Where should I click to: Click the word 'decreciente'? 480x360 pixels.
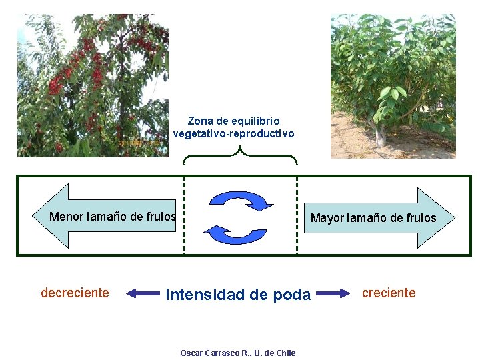click(75, 293)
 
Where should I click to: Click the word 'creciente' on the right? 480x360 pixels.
click(389, 293)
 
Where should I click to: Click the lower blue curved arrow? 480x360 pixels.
click(233, 233)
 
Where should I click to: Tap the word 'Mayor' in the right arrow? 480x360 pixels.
click(327, 218)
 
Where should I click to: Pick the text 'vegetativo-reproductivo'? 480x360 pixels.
click(233, 133)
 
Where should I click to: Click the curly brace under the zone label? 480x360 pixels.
click(240, 156)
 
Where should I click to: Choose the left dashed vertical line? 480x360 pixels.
click(184, 220)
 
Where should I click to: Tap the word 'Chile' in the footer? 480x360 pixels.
click(285, 353)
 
